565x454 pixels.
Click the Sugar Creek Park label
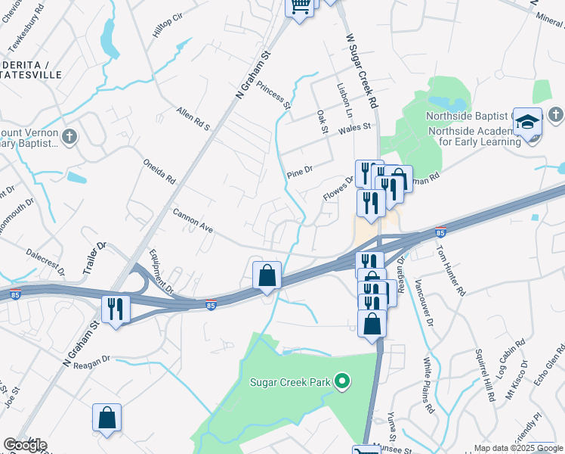(x=290, y=382)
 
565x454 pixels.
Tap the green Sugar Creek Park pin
(x=342, y=381)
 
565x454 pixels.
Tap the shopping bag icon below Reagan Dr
(x=107, y=417)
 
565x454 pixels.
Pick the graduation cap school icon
(x=528, y=121)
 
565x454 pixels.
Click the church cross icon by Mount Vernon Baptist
(x=69, y=136)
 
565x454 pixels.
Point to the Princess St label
(x=273, y=95)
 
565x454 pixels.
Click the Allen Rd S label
(x=193, y=118)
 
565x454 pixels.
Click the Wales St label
(x=357, y=128)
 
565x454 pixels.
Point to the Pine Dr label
(x=299, y=170)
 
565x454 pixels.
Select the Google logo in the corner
(x=25, y=445)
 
